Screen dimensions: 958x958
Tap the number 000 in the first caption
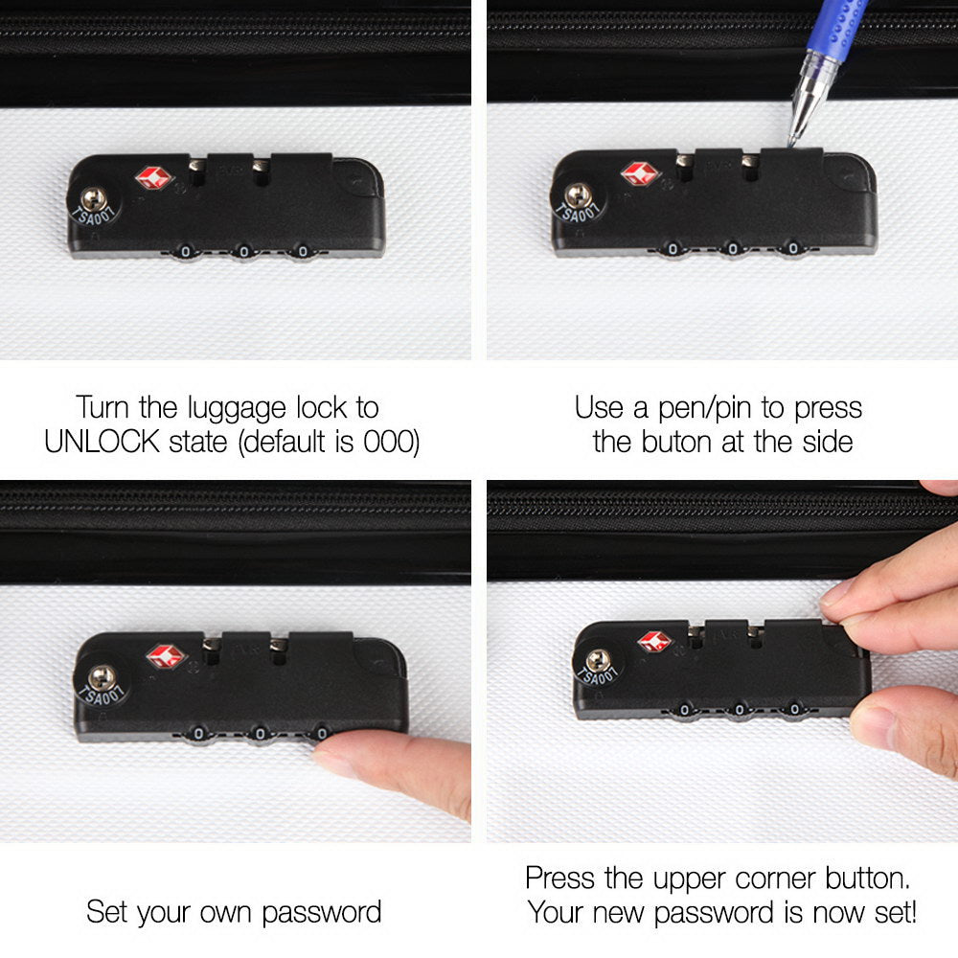(x=391, y=443)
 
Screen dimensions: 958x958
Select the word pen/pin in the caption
(x=696, y=408)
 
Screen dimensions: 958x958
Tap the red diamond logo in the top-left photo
(x=152, y=178)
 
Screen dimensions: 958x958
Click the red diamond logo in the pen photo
(x=639, y=173)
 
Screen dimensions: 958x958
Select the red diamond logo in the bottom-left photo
(x=165, y=656)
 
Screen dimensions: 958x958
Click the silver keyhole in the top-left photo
(x=93, y=199)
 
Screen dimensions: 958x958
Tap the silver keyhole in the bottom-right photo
(x=599, y=660)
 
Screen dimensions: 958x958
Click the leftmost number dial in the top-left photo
(x=184, y=252)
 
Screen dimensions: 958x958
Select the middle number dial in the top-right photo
(x=733, y=249)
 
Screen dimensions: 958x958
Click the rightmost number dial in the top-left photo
(x=303, y=252)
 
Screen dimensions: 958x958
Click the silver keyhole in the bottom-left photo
(x=101, y=677)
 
